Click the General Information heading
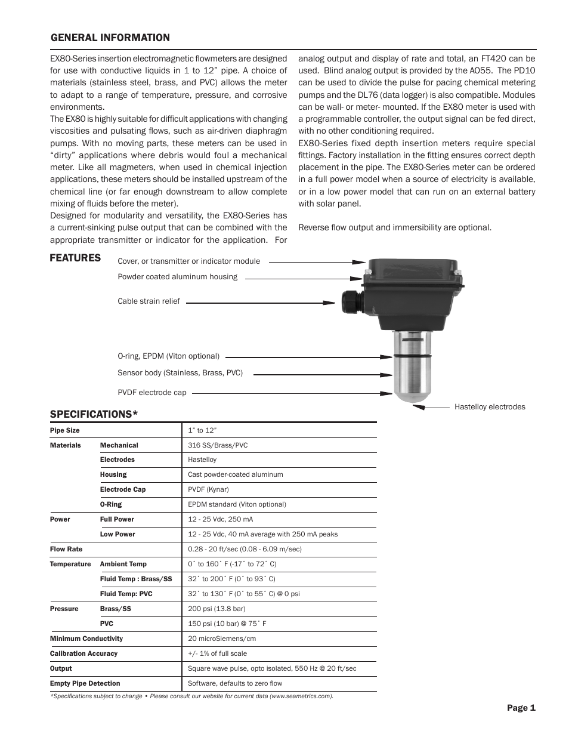coord(110,38)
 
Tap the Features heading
coord(75,258)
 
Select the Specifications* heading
coord(94,414)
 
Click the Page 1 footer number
coord(521,708)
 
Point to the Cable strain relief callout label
coord(149,301)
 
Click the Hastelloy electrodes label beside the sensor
coord(490,407)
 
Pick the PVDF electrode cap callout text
coord(152,393)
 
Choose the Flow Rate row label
coord(66,549)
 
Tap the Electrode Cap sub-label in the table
coord(123,489)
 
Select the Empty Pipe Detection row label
coord(85,683)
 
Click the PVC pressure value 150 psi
coord(227,624)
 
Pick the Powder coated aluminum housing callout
coord(177,277)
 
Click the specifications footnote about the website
coord(191,696)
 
